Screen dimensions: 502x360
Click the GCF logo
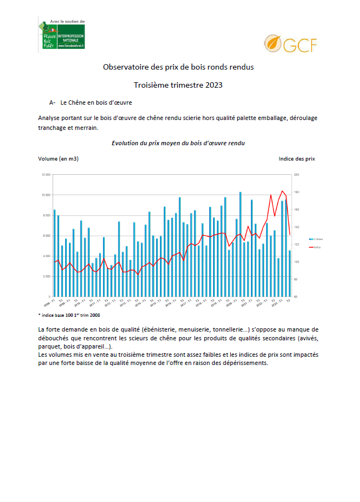click(290, 44)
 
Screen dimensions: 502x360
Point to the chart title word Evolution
click(127, 142)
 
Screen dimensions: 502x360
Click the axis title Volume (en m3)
click(58, 159)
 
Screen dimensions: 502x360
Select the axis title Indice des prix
click(296, 159)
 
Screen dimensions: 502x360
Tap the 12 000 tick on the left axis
click(45, 175)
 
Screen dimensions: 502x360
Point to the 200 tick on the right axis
click(296, 175)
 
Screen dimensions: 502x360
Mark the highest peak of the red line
click(282, 191)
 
